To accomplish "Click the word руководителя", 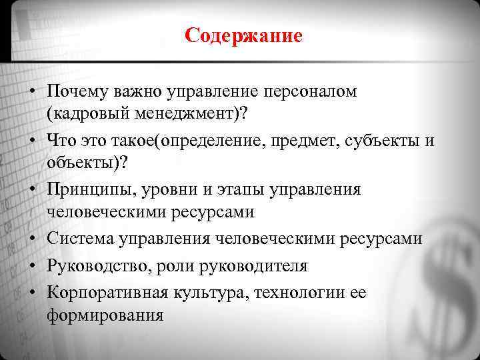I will [x=257, y=267].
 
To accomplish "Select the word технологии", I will [x=290, y=293].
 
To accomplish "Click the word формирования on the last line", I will [x=105, y=316].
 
